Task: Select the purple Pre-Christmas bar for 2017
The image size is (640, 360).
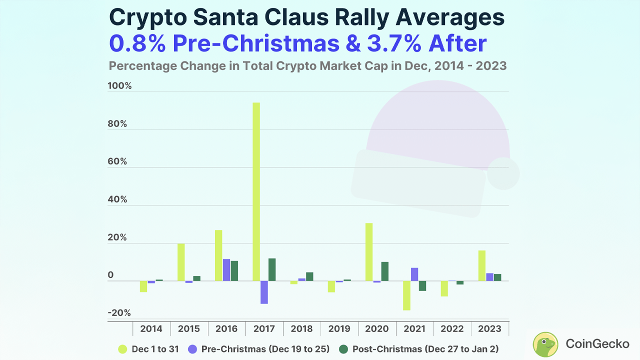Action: [x=264, y=292]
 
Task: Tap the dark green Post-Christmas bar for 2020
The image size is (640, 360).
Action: [x=384, y=271]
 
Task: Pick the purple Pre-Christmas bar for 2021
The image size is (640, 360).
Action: [x=414, y=274]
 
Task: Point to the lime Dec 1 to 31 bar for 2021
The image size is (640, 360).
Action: [x=406, y=295]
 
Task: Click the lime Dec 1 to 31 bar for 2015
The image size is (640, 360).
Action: [x=181, y=262]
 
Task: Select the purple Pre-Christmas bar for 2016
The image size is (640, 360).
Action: [x=226, y=269]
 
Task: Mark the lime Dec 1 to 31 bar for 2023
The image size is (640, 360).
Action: [x=482, y=265]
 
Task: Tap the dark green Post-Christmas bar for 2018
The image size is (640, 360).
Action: [x=309, y=276]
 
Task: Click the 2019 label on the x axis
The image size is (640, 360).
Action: [x=340, y=328]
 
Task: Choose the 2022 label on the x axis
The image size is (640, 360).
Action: [x=452, y=328]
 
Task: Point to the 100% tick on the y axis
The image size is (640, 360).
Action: [x=119, y=86]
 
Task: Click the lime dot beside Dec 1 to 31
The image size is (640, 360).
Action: [x=121, y=349]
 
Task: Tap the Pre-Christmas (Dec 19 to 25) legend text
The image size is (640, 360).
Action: [x=265, y=349]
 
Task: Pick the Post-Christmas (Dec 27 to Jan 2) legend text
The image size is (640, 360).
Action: [x=425, y=349]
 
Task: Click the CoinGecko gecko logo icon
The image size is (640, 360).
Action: [x=545, y=344]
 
